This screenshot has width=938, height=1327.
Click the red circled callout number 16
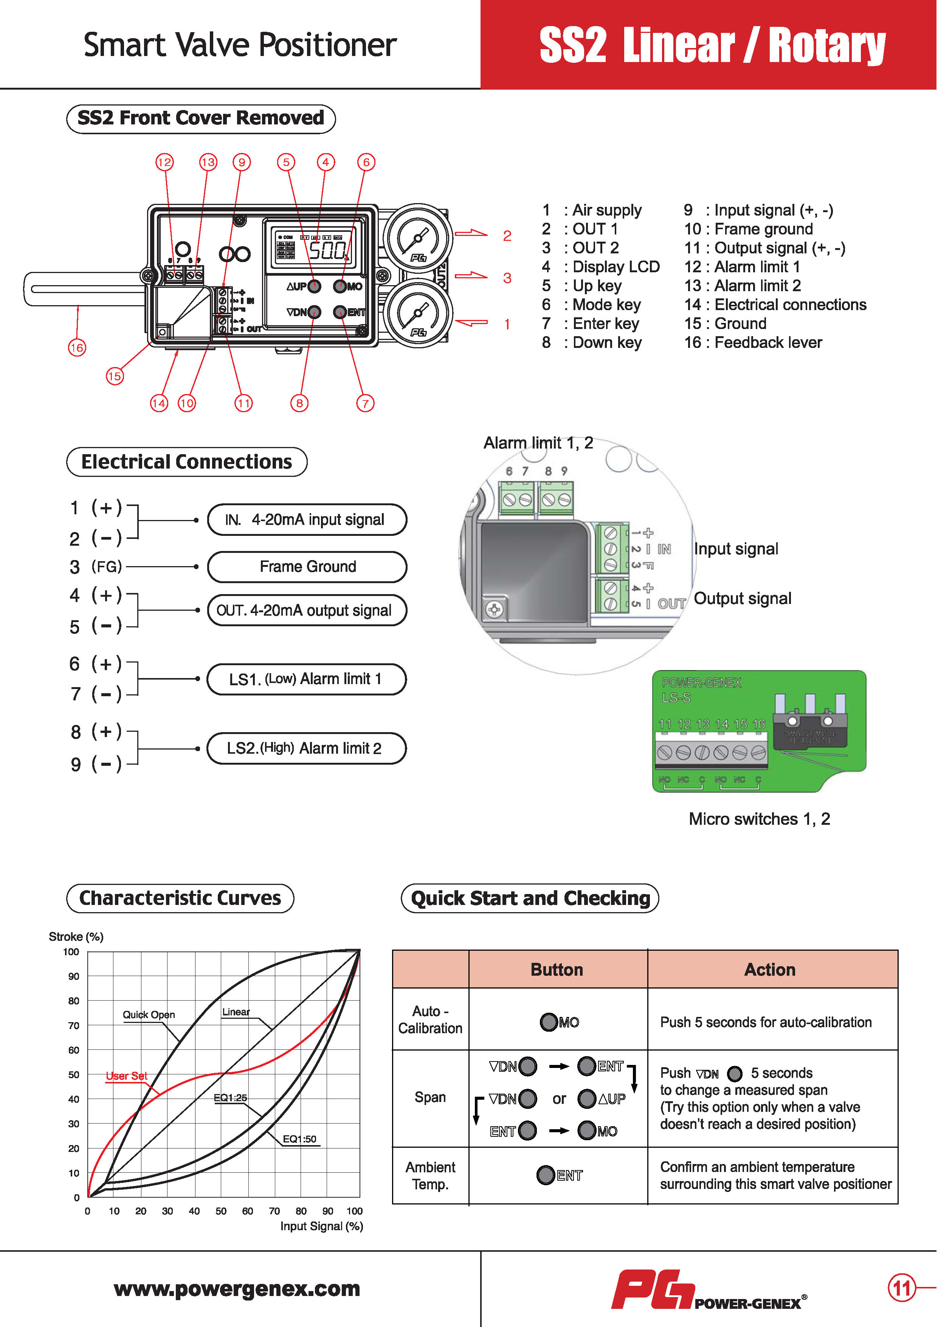(77, 348)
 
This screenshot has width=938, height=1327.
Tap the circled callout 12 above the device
(165, 162)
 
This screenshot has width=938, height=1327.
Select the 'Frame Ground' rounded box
(307, 566)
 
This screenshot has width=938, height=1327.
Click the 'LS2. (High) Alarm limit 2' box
(306, 748)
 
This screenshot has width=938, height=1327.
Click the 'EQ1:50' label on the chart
(299, 1139)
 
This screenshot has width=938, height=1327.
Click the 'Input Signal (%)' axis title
(321, 1226)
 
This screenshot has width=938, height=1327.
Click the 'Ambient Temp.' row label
(430, 1176)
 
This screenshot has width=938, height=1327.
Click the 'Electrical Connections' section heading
(187, 462)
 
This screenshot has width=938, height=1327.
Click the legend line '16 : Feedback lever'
(752, 342)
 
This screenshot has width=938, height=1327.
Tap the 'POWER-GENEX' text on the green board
(701, 683)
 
